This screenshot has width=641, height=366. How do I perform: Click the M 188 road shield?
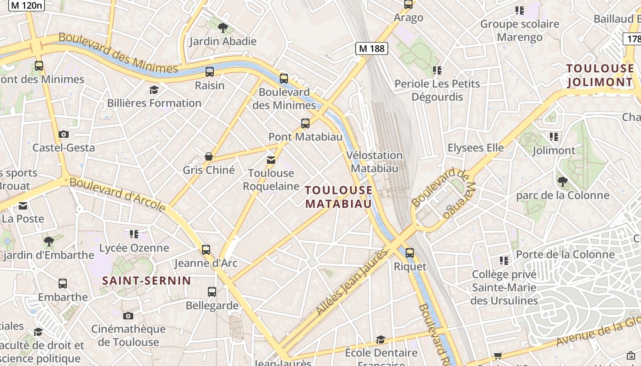click(372, 48)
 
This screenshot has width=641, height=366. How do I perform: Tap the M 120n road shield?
click(27, 5)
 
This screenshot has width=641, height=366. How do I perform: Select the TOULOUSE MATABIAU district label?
click(339, 197)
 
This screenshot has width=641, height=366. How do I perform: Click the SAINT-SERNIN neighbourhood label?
click(147, 280)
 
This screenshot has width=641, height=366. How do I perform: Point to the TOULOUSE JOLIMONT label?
click(600, 75)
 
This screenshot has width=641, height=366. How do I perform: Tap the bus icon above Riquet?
click(410, 253)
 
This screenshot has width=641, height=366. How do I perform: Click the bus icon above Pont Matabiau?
click(305, 123)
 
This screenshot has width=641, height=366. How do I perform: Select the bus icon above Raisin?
click(210, 71)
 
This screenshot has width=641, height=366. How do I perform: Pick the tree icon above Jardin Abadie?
click(223, 28)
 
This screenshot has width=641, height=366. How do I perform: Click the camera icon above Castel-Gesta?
click(64, 134)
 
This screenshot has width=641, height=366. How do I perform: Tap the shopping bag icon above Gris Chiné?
click(209, 156)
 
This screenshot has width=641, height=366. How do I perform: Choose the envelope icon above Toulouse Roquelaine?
click(271, 160)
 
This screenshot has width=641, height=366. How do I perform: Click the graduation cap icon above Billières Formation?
click(154, 90)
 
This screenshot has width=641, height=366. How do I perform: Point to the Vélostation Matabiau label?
click(375, 162)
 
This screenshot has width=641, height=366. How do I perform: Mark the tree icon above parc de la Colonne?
click(563, 182)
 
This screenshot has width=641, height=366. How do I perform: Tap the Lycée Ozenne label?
click(134, 248)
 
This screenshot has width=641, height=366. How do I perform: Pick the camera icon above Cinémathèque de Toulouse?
click(128, 316)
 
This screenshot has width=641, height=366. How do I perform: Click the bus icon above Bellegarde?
click(212, 291)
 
